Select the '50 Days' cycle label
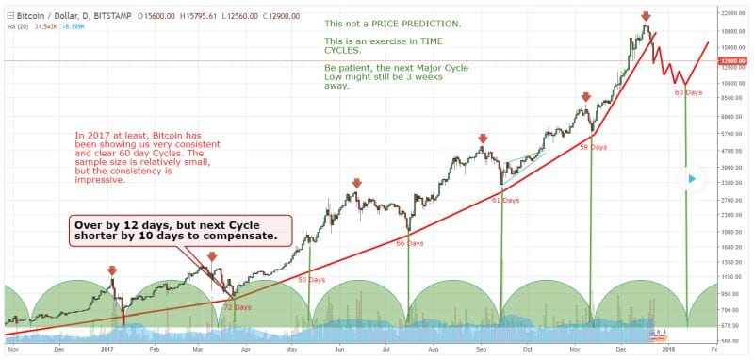pos(311,280)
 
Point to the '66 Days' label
pos(409,243)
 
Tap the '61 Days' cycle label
pos(505,200)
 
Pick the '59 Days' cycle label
pos(592,147)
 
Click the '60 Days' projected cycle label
pos(688,92)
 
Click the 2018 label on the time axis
pos(668,349)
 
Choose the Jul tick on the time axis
pos(385,349)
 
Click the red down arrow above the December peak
pos(645,16)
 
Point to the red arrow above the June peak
pos(357,183)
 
